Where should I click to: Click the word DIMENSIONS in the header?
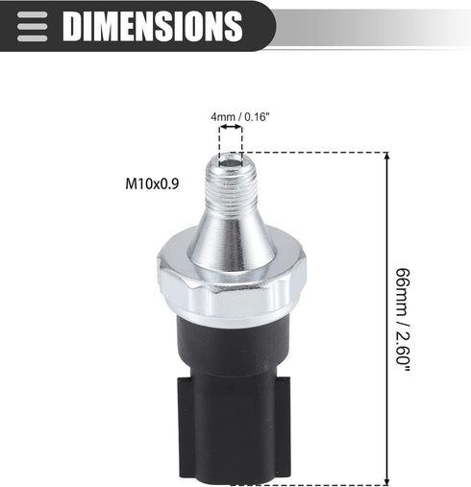pyautogui.click(x=153, y=26)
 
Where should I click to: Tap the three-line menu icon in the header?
pyautogui.click(x=33, y=27)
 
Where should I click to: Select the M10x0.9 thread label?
pyautogui.click(x=152, y=184)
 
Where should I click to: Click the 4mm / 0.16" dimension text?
pyautogui.click(x=238, y=117)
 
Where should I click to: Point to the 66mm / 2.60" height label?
pyautogui.click(x=403, y=320)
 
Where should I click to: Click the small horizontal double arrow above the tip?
pyautogui.click(x=231, y=127)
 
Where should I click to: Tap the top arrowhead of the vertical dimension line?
pyautogui.click(x=387, y=156)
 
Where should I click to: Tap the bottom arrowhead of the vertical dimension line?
pyautogui.click(x=387, y=481)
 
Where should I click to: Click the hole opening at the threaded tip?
pyautogui.click(x=231, y=163)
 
